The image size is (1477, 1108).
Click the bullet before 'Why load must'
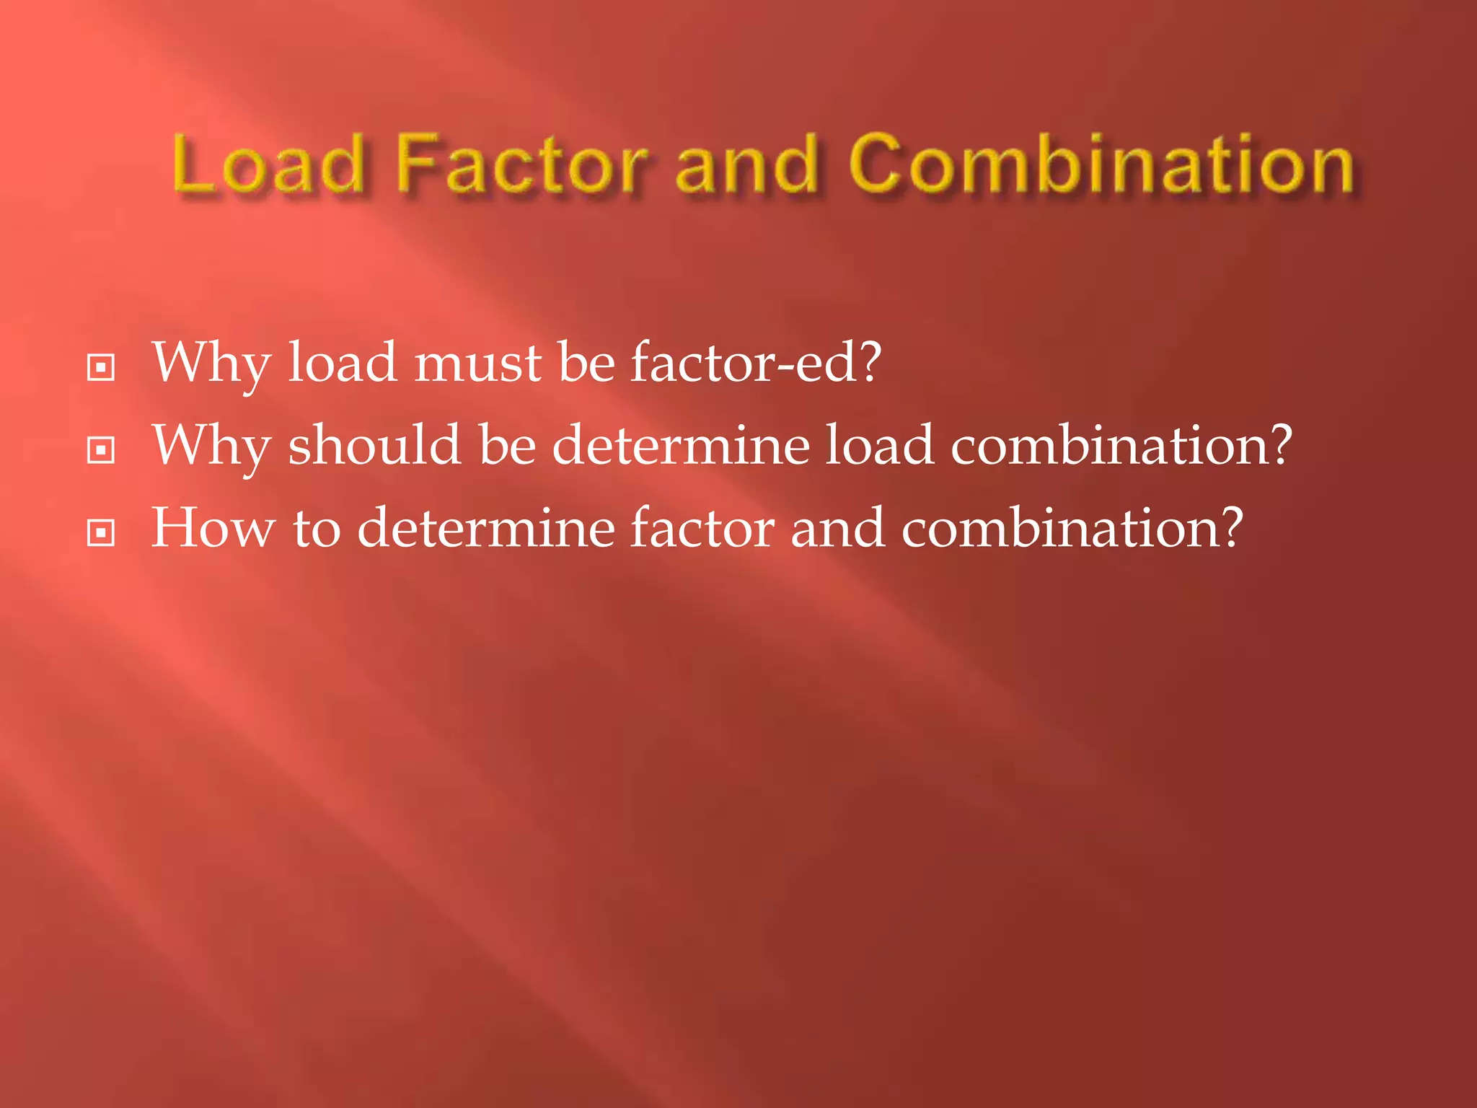tap(100, 367)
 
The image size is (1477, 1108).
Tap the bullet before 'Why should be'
tap(100, 450)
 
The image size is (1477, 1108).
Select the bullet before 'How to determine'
tap(100, 533)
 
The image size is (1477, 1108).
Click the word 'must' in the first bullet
tap(477, 362)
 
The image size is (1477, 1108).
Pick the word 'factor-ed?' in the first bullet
tap(756, 362)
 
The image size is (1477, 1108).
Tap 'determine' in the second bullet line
tap(681, 445)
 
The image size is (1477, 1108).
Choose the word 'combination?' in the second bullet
tap(1121, 445)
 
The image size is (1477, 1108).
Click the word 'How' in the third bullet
tap(213, 528)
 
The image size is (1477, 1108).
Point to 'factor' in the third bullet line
tap(702, 528)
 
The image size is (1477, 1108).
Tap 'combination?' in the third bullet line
tap(1072, 528)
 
